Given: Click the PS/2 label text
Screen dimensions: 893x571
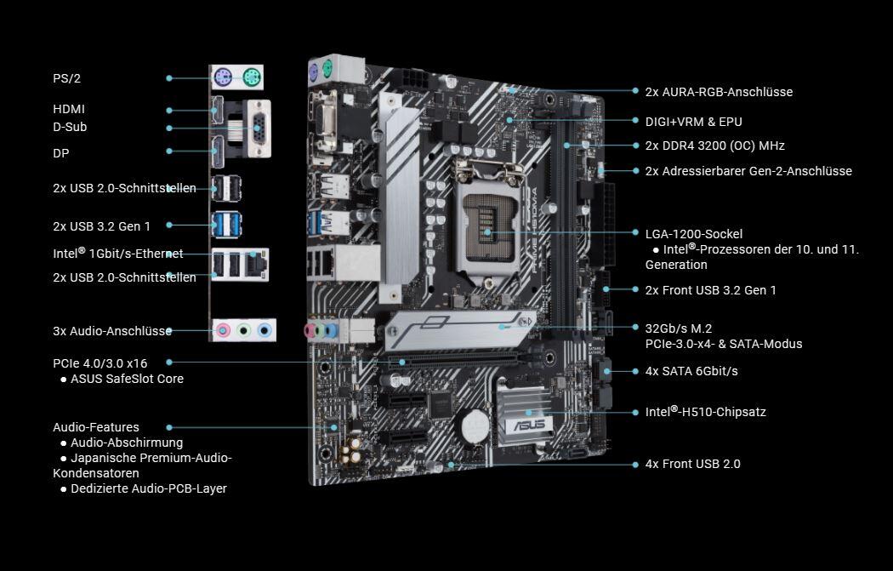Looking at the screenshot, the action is point(66,78).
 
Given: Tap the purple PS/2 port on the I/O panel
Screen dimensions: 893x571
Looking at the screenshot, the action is point(223,77).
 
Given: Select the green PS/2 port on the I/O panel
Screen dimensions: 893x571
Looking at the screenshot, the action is point(251,77).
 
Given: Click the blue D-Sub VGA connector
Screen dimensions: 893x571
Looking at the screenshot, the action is point(259,128).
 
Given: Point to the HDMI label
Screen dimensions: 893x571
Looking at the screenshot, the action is point(69,109).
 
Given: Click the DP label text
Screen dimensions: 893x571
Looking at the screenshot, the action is point(61,153).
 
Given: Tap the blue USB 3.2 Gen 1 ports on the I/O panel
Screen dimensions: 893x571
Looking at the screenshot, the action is point(226,225).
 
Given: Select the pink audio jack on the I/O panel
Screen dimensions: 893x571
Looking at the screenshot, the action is point(223,330).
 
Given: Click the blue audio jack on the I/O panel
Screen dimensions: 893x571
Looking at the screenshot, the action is point(264,330).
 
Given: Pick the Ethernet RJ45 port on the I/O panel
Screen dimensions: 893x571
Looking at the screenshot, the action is point(257,264).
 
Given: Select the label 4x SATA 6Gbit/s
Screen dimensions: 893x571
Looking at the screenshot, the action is point(691,371).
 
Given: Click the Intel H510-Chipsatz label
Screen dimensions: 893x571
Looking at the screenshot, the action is point(706,411).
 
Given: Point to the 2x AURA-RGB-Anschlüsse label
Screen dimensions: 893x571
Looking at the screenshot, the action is point(719,92).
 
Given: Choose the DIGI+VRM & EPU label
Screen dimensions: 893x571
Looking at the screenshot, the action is point(694,122).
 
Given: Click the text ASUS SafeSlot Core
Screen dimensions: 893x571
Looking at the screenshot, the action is point(127,379).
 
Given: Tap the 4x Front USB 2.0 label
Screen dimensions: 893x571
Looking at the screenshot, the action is point(692,464).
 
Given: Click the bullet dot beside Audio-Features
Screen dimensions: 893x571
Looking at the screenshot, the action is point(169,427).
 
